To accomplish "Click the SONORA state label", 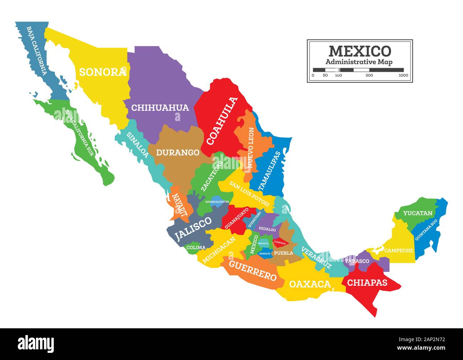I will pyautogui.click(x=103, y=72).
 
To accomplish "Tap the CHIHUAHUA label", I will pyautogui.click(x=160, y=108).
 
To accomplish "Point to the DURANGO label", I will pyautogui.click(x=178, y=153).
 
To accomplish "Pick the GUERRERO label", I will pyautogui.click(x=253, y=271).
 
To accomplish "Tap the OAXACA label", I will pyautogui.click(x=310, y=284).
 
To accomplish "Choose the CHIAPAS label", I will pyautogui.click(x=367, y=283).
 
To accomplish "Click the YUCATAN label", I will pyautogui.click(x=418, y=214).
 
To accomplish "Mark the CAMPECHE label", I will pyautogui.click(x=399, y=251).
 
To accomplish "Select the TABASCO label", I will pyautogui.click(x=357, y=261).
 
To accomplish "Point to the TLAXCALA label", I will pyautogui.click(x=280, y=243).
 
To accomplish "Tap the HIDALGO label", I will pyautogui.click(x=267, y=230).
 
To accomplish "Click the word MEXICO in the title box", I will pyautogui.click(x=360, y=51).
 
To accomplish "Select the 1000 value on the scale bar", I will pyautogui.click(x=403, y=75).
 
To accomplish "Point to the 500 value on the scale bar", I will pyautogui.click(x=369, y=75).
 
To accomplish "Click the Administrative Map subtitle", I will pyautogui.click(x=359, y=62).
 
